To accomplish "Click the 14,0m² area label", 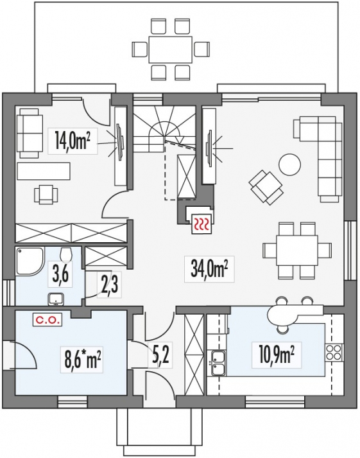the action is click(71, 140).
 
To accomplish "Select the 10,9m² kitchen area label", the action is click(276, 355).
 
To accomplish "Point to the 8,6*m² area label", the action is click(82, 360).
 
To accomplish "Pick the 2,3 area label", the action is click(109, 284).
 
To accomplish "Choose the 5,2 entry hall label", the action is click(160, 354).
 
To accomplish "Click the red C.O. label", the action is click(47, 320).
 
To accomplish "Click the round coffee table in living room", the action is click(289, 164).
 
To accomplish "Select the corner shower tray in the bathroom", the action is click(30, 261).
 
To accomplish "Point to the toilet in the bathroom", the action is click(65, 254).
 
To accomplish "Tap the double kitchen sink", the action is click(218, 362).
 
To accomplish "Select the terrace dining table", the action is click(170, 49).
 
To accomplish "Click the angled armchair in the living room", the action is click(266, 188).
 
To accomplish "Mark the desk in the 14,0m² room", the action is click(44, 171).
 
